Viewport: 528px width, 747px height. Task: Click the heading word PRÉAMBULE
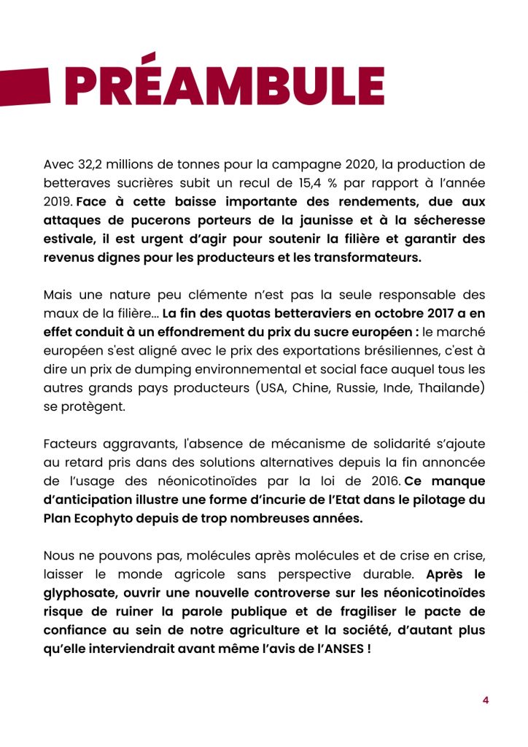click(225, 86)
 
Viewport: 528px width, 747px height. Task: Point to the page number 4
click(486, 700)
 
